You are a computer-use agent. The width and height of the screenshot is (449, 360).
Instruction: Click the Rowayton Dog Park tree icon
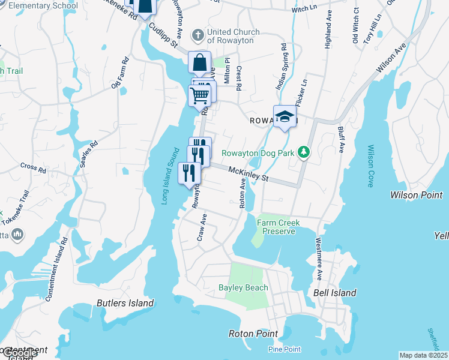coord(304,152)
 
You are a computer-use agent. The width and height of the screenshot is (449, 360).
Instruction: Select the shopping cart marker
coord(199,94)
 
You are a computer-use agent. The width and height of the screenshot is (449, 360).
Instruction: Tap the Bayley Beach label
coord(243,287)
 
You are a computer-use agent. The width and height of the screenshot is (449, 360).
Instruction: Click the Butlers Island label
coord(125,303)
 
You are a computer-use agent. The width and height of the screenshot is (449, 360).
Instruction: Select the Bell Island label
coord(335,293)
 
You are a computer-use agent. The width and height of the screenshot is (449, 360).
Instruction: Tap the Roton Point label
coord(253,334)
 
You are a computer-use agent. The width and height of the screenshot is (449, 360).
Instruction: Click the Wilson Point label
coord(416,195)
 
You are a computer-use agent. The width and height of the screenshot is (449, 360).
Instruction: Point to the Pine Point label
coord(284,349)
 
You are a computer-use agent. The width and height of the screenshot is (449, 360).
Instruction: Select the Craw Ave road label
coord(203,228)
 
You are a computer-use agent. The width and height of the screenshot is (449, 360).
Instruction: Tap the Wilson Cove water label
coord(371,166)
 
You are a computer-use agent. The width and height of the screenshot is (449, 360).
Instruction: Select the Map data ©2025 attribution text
coord(423,355)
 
